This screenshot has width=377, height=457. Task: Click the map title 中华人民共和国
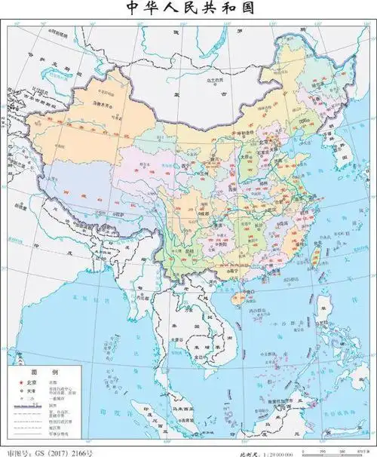[x=188, y=10]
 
